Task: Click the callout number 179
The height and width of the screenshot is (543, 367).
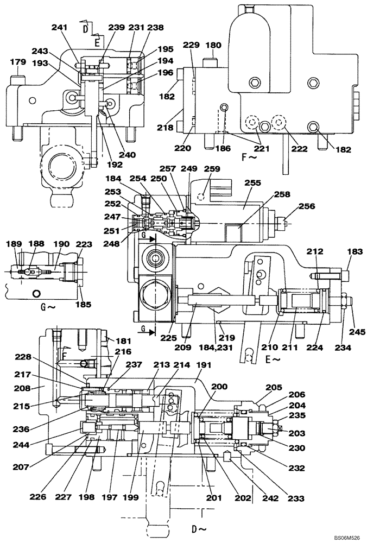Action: click(17, 62)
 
